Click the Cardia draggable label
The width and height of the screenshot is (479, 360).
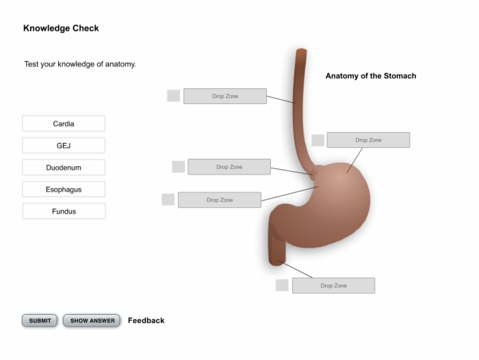pos(64,123)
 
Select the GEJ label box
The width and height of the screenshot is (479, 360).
pos(64,146)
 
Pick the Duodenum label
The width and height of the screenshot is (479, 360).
pos(64,168)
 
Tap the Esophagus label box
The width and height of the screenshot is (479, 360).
pos(64,190)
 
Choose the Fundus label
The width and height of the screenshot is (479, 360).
pos(64,211)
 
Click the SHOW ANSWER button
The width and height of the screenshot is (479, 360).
pos(92,320)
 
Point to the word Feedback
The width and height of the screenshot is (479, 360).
pos(146,320)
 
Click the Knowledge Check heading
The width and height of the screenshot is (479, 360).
pos(61,28)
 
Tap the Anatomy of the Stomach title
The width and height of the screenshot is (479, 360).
pos(371,76)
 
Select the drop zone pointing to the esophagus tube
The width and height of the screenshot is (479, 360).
pos(225,97)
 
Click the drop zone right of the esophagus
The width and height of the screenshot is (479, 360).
pos(368,140)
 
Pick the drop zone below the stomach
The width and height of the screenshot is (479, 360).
pos(334,285)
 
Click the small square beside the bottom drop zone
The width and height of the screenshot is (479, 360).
pos(282,285)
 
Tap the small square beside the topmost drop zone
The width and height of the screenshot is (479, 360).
pos(174,96)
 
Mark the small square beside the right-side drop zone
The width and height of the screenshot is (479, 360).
pos(318,140)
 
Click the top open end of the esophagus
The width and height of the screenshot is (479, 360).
pos(302,50)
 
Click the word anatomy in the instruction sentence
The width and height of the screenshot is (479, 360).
pos(120,64)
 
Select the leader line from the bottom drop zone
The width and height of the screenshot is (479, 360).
pos(295,269)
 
